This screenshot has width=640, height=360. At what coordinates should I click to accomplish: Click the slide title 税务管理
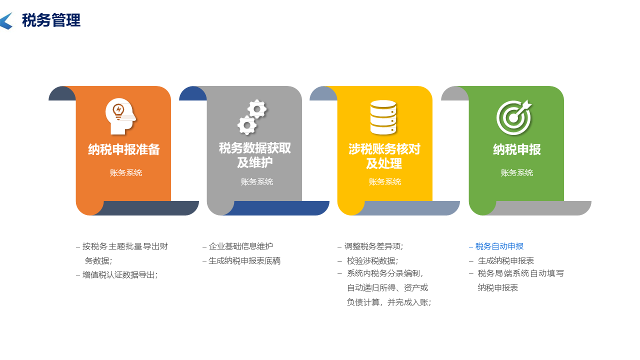pyautogui.click(x=51, y=21)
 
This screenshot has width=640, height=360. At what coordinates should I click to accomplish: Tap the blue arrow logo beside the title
pyautogui.click(x=6, y=21)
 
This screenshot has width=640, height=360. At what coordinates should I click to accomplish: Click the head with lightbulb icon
pyautogui.click(x=120, y=116)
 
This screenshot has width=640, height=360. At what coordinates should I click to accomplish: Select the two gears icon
pyautogui.click(x=252, y=117)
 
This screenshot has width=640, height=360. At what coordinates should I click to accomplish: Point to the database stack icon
pyautogui.click(x=383, y=117)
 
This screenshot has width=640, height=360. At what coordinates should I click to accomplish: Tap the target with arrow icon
pyautogui.click(x=514, y=117)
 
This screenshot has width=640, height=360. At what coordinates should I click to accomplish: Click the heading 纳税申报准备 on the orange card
pyautogui.click(x=124, y=149)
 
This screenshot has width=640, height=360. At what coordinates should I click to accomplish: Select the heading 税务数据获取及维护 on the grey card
pyautogui.click(x=255, y=155)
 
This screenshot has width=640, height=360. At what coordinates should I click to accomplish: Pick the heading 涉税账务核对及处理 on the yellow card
pyautogui.click(x=384, y=156)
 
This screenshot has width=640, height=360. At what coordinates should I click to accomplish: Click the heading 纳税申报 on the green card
pyautogui.click(x=517, y=149)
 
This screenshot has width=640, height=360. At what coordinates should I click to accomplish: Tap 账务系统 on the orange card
pyautogui.click(x=126, y=173)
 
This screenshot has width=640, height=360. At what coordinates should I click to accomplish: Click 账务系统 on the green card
pyautogui.click(x=517, y=173)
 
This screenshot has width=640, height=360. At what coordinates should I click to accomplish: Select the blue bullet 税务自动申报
pyautogui.click(x=499, y=246)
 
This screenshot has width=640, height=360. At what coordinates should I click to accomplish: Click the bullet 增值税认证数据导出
pyautogui.click(x=119, y=274)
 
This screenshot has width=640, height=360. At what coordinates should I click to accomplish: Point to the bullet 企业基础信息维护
pyautogui.click(x=240, y=246)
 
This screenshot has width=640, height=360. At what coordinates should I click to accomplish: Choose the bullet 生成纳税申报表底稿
pyautogui.click(x=244, y=261)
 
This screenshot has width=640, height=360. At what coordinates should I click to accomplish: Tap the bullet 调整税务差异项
pyautogui.click(x=373, y=246)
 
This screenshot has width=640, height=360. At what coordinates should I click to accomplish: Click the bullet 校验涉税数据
pyautogui.click(x=372, y=261)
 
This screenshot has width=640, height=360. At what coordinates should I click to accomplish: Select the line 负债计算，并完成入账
pyautogui.click(x=388, y=302)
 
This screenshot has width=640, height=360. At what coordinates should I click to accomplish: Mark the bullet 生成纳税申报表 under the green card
pyautogui.click(x=505, y=261)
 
